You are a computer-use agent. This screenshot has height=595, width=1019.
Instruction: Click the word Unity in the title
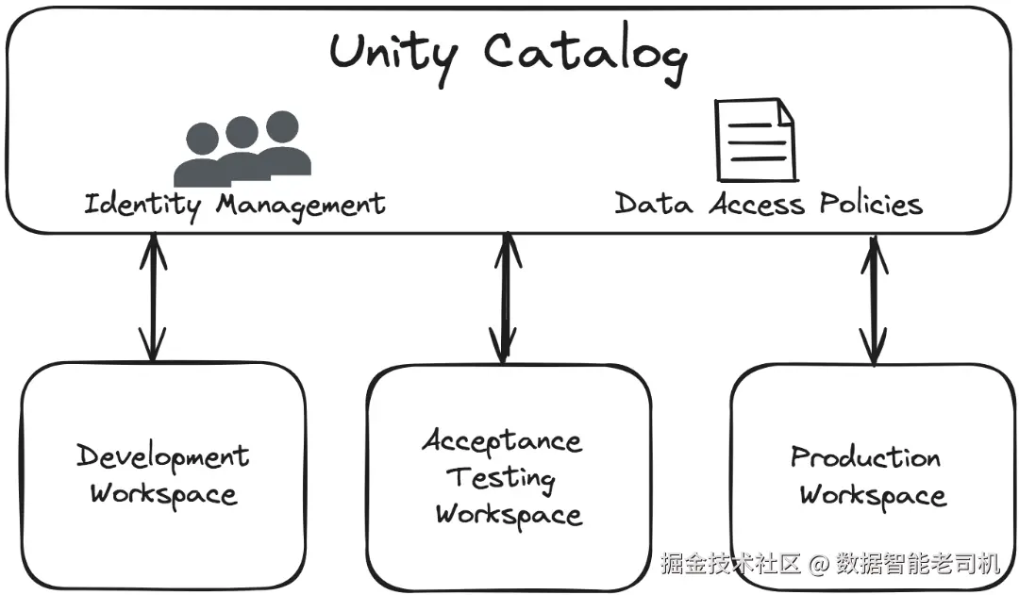coord(393,56)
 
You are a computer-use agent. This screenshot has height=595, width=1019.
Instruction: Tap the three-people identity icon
coord(242,149)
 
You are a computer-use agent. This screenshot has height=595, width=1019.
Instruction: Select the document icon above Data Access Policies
coord(755,140)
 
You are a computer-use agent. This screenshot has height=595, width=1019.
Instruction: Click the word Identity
coord(142,206)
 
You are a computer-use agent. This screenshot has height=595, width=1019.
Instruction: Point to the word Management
coord(301,206)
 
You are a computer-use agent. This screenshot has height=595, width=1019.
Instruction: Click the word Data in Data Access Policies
coord(653,204)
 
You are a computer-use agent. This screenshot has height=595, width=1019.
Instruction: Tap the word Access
coord(757,204)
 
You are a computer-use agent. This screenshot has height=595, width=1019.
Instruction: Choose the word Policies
coord(871,204)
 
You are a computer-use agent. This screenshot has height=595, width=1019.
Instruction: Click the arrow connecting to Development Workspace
coord(153,297)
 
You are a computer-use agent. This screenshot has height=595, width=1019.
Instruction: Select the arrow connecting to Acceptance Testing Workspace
coord(505,298)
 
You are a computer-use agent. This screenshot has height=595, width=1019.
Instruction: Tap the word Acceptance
coord(502,440)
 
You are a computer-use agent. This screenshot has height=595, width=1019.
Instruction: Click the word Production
coord(865,456)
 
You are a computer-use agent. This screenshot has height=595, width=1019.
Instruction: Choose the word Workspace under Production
coord(873,496)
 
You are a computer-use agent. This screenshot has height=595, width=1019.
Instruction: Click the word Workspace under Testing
coord(509,516)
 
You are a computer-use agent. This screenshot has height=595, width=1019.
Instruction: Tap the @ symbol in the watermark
coord(818,564)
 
